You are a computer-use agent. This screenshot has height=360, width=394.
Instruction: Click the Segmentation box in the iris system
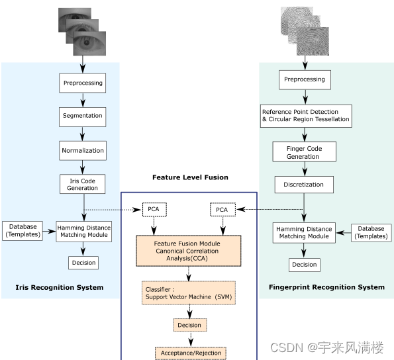click(83, 116)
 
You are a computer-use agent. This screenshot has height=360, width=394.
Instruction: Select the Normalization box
click(83, 150)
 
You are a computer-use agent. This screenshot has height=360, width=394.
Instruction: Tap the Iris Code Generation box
click(83, 184)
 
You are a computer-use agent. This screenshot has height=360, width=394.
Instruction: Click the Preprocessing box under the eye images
click(83, 83)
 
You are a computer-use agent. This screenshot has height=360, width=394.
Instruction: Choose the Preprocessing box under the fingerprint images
click(304, 79)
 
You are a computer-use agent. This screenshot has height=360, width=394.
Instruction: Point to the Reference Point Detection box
click(305, 116)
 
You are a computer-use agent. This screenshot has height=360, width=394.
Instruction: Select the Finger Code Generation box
click(305, 153)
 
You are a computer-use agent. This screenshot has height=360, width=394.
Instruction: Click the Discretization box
click(305, 185)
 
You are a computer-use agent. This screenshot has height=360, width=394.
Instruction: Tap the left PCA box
click(154, 210)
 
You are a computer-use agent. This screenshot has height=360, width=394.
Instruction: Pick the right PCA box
click(222, 210)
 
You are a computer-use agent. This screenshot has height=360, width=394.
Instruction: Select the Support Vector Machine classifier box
click(189, 293)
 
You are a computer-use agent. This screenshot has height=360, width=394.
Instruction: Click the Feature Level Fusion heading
click(190, 177)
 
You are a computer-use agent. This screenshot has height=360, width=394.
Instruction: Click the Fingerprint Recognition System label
click(326, 287)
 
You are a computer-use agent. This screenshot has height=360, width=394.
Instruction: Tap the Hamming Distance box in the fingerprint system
click(304, 232)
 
